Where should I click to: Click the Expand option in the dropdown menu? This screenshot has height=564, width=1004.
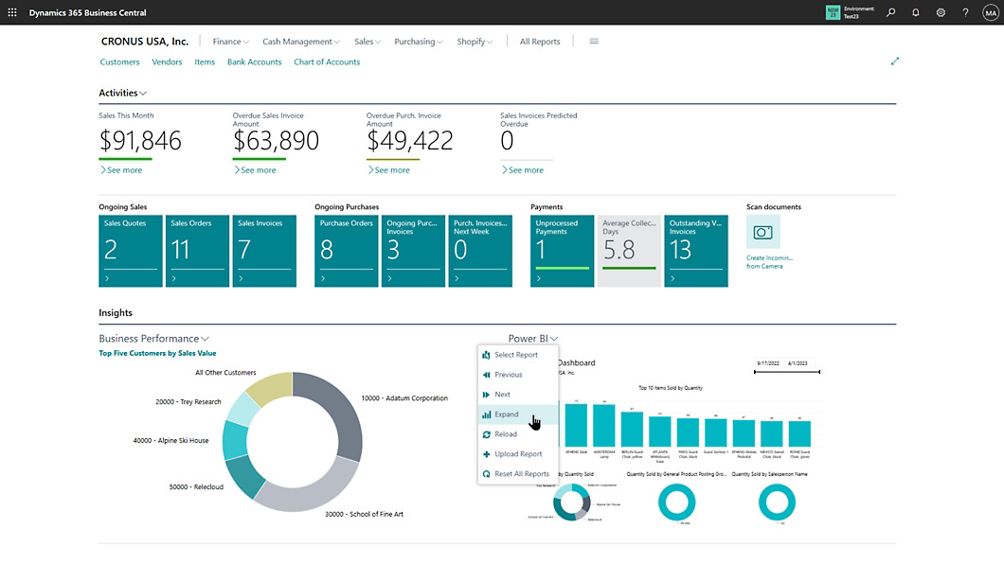(507, 414)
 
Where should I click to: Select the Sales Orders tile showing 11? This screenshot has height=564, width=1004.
(197, 251)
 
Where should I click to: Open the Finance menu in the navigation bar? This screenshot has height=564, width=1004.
(230, 42)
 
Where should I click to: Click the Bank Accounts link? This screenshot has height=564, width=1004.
(254, 62)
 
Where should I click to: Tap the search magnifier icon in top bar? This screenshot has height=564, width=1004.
(890, 12)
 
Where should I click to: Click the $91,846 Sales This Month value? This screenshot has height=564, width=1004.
(140, 141)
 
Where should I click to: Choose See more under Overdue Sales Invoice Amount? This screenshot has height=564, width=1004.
(256, 170)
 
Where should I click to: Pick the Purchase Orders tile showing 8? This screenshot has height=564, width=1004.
(346, 251)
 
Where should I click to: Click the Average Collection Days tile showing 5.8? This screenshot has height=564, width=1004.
(629, 251)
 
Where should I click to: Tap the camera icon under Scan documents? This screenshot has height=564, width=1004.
(762, 233)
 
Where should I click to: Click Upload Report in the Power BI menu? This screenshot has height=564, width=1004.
(517, 454)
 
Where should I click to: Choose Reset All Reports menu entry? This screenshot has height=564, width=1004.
(521, 474)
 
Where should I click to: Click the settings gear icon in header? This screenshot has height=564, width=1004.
(941, 12)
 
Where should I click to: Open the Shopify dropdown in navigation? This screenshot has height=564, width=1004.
(475, 42)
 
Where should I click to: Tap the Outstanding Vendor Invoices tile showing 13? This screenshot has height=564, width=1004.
(695, 251)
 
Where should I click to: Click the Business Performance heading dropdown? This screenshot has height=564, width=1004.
(153, 339)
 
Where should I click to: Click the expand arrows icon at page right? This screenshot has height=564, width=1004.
(895, 62)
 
